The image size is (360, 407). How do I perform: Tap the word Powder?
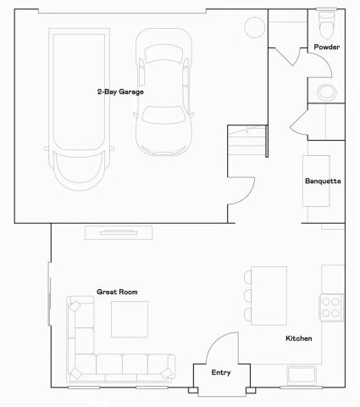click(326, 47)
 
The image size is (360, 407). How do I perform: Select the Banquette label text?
click(323, 181)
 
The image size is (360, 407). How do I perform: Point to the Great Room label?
click(116, 292)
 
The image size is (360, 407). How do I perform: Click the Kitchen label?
click(298, 338)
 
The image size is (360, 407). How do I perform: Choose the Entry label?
click(221, 372)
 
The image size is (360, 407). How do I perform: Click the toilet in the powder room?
click(326, 19)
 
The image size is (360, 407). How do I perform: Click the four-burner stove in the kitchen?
click(331, 305)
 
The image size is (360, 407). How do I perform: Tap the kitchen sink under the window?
click(302, 374)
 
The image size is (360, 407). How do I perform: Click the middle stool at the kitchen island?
click(246, 296)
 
